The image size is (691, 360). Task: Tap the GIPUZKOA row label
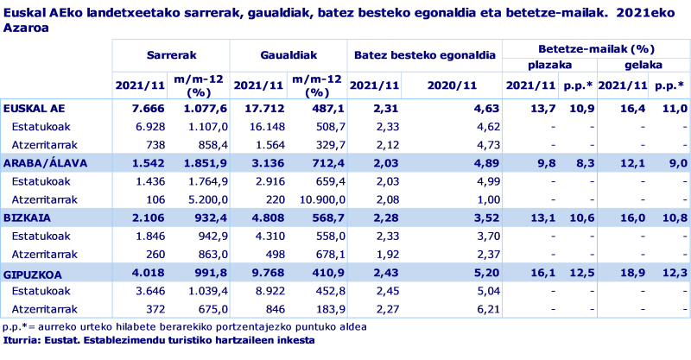coord(32,271)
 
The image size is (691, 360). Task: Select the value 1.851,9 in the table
coord(205,163)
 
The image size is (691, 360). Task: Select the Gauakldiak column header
coord(288,54)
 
